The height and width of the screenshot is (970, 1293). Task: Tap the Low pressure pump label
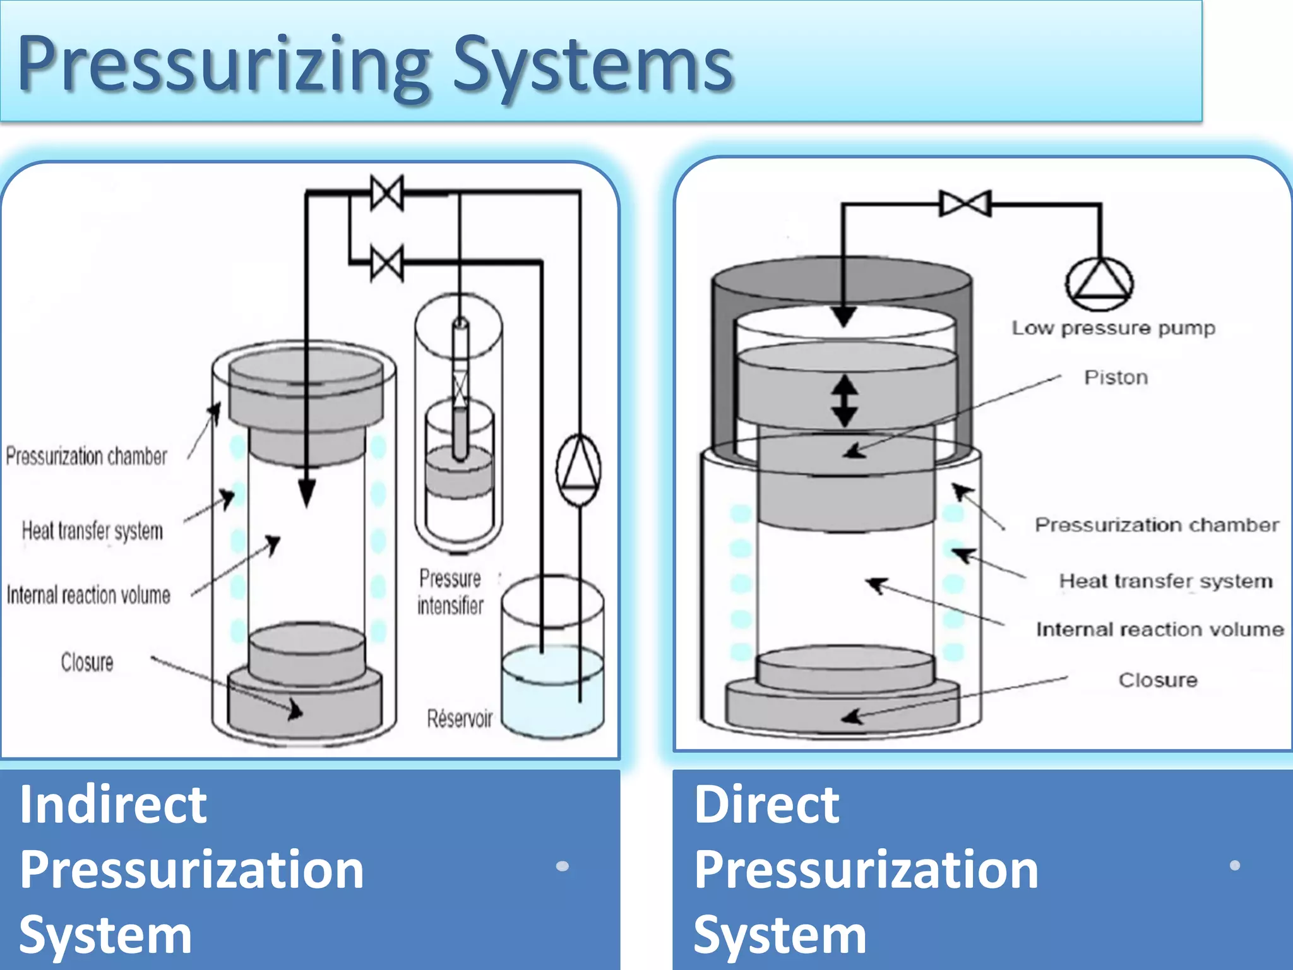1113,328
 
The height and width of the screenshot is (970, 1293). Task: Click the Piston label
1116,378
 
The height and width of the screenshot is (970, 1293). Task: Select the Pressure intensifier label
450,592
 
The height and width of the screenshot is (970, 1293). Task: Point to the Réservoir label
460,719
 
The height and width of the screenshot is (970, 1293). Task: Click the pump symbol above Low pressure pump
1099,284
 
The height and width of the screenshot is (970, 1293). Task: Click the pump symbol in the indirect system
578,469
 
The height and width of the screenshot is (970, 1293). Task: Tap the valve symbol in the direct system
965,204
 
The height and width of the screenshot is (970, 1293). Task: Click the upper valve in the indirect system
387,193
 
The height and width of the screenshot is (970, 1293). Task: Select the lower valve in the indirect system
387,263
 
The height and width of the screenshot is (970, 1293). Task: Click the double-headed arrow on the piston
844,400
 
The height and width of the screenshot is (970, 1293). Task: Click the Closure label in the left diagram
87,662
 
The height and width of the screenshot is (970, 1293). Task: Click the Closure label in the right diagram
1158,680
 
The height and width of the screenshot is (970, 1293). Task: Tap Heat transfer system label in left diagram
92,531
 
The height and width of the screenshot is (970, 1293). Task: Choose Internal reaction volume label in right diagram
1160,630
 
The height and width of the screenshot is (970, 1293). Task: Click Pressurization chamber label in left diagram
86,456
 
